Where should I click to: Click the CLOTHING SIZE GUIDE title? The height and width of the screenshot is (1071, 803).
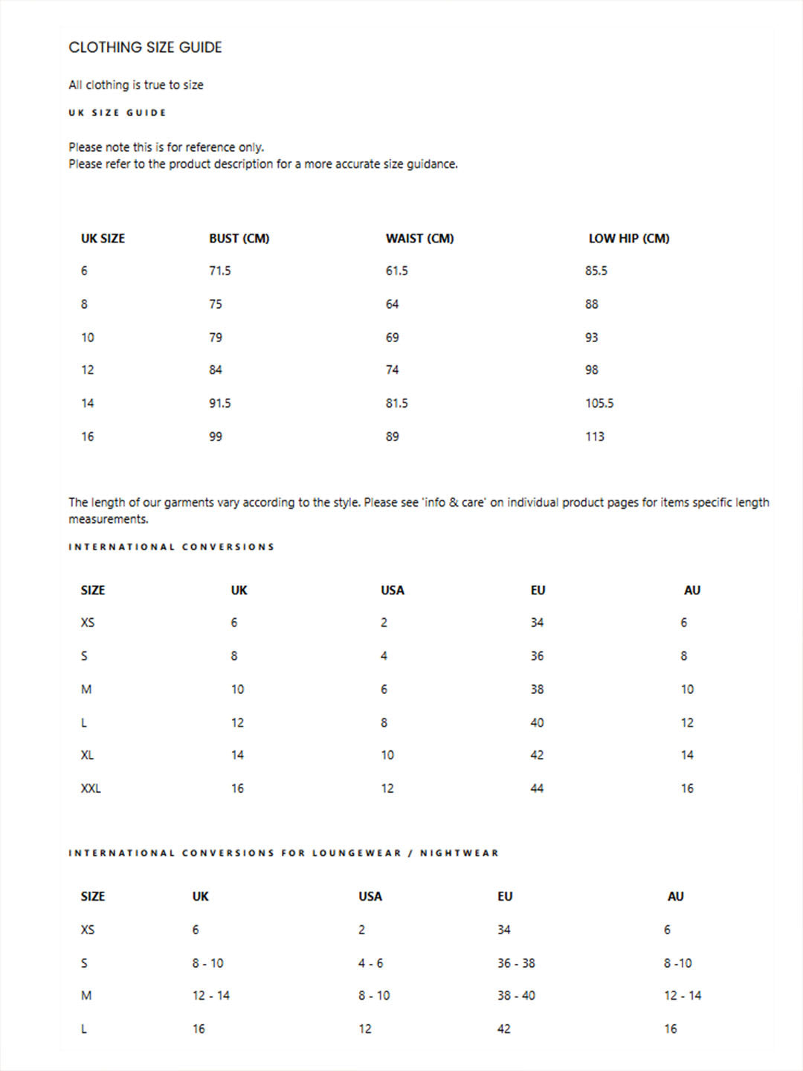coord(145,48)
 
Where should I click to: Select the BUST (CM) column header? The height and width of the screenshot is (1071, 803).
coord(239,239)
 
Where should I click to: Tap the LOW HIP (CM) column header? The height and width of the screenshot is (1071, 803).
coord(628,239)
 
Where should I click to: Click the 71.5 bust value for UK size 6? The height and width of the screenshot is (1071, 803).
coord(219,271)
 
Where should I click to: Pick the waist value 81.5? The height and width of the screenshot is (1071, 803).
coord(396,403)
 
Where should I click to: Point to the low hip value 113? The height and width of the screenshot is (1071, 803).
coord(594,437)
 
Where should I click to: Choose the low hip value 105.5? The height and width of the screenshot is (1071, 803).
coord(599,403)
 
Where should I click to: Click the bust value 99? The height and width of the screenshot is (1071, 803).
coord(215,437)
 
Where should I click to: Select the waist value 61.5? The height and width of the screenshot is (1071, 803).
coord(396,271)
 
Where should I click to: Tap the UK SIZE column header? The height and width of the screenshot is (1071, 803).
coord(103,239)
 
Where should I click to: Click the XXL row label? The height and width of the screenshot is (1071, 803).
coord(91,788)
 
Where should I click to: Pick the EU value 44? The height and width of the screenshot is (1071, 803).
coord(537,788)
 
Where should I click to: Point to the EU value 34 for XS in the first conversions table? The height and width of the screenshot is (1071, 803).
coord(537,623)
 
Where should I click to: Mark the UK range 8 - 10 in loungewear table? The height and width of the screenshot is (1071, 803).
coord(207,963)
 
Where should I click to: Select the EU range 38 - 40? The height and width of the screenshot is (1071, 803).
coord(516,996)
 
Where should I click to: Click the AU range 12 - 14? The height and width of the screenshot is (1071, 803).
coord(683,996)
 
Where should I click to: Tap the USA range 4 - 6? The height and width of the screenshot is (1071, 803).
coord(370,963)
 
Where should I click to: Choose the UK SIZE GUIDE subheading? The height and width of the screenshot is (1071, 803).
coord(117,113)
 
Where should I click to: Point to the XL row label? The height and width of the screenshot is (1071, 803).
coord(87,755)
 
